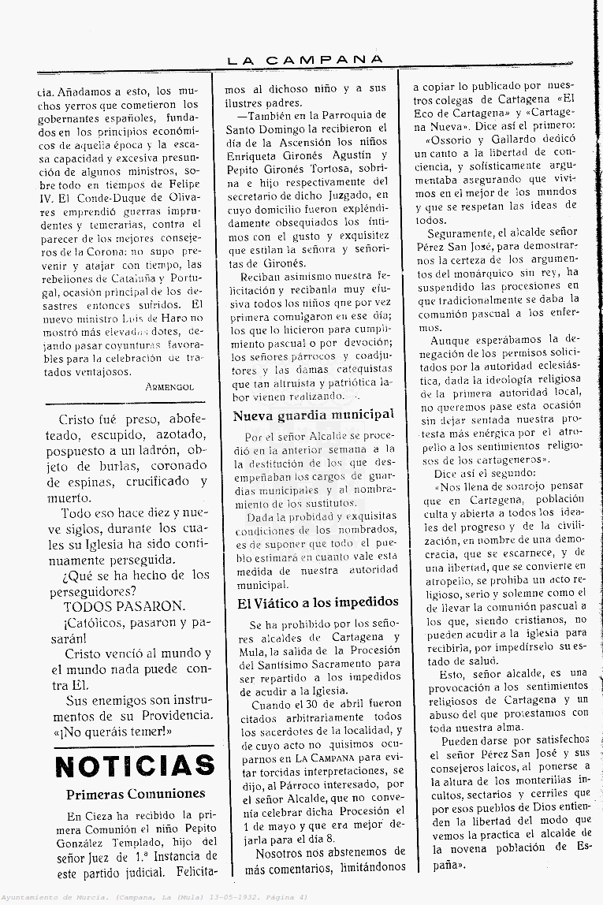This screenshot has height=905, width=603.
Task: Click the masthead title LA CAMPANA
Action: coord(305,60)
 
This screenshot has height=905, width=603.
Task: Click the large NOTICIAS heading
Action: coord(135,765)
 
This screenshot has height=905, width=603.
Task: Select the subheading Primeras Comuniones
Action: coord(136,794)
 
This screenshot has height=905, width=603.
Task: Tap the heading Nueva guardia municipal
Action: coord(314,415)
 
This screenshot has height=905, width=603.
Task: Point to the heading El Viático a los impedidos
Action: coord(318,602)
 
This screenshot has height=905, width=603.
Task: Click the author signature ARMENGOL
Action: coord(169,387)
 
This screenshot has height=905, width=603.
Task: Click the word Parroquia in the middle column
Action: coord(343,115)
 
